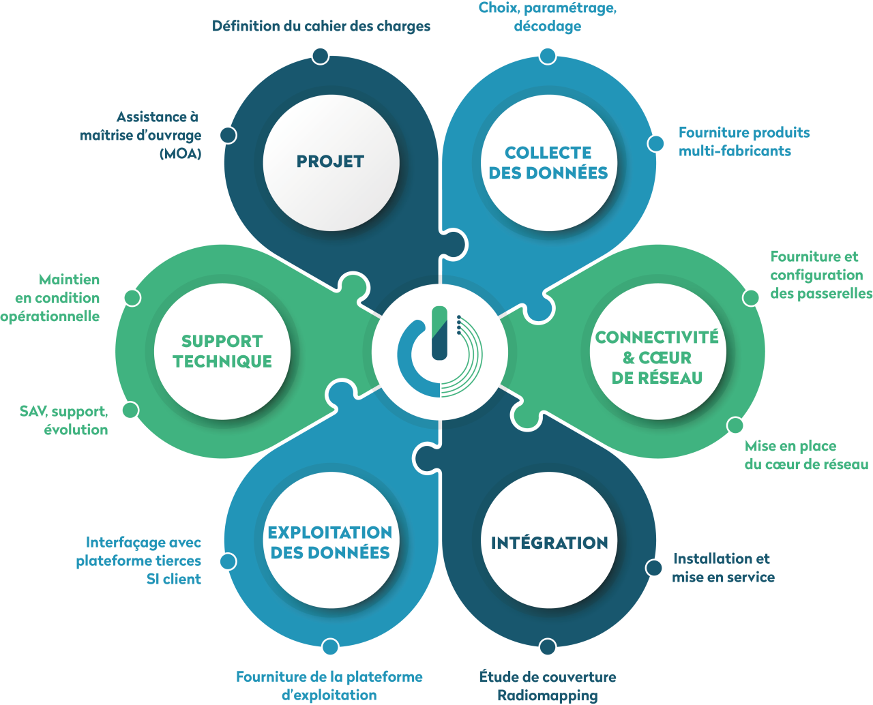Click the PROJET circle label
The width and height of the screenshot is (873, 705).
(331, 162)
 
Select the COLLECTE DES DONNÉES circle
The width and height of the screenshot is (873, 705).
(548, 163)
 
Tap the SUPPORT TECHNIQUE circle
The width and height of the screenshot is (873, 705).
(222, 351)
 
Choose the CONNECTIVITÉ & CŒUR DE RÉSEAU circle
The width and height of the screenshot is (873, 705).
(657, 357)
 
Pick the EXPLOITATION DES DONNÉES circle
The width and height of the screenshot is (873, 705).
(330, 542)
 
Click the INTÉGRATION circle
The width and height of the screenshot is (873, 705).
(549, 543)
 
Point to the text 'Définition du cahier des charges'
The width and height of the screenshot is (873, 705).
(321, 27)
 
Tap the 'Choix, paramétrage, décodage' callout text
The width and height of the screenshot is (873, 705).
(548, 17)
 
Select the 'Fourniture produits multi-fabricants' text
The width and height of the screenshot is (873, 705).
(743, 142)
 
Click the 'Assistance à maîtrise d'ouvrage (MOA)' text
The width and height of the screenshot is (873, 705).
(141, 135)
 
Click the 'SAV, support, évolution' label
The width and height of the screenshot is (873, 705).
(64, 421)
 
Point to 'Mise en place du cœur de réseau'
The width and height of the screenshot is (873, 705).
(806, 455)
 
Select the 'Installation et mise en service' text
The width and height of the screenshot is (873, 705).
(723, 567)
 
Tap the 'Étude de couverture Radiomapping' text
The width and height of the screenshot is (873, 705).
(548, 686)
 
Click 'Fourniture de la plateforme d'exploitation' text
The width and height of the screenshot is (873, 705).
(329, 686)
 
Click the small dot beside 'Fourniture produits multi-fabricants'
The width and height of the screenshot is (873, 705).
(656, 143)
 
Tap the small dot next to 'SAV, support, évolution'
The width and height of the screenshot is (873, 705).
(130, 410)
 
